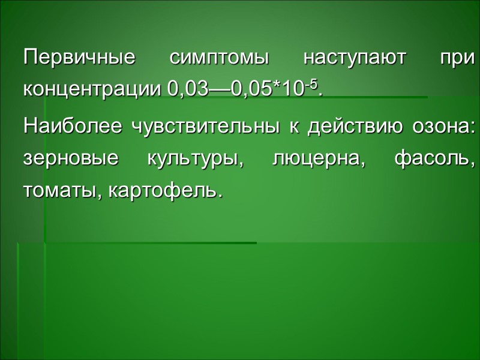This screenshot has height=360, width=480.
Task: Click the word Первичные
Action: tap(79, 60)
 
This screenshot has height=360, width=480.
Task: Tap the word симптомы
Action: tap(219, 60)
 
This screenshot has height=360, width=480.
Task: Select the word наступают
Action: tap(355, 60)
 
